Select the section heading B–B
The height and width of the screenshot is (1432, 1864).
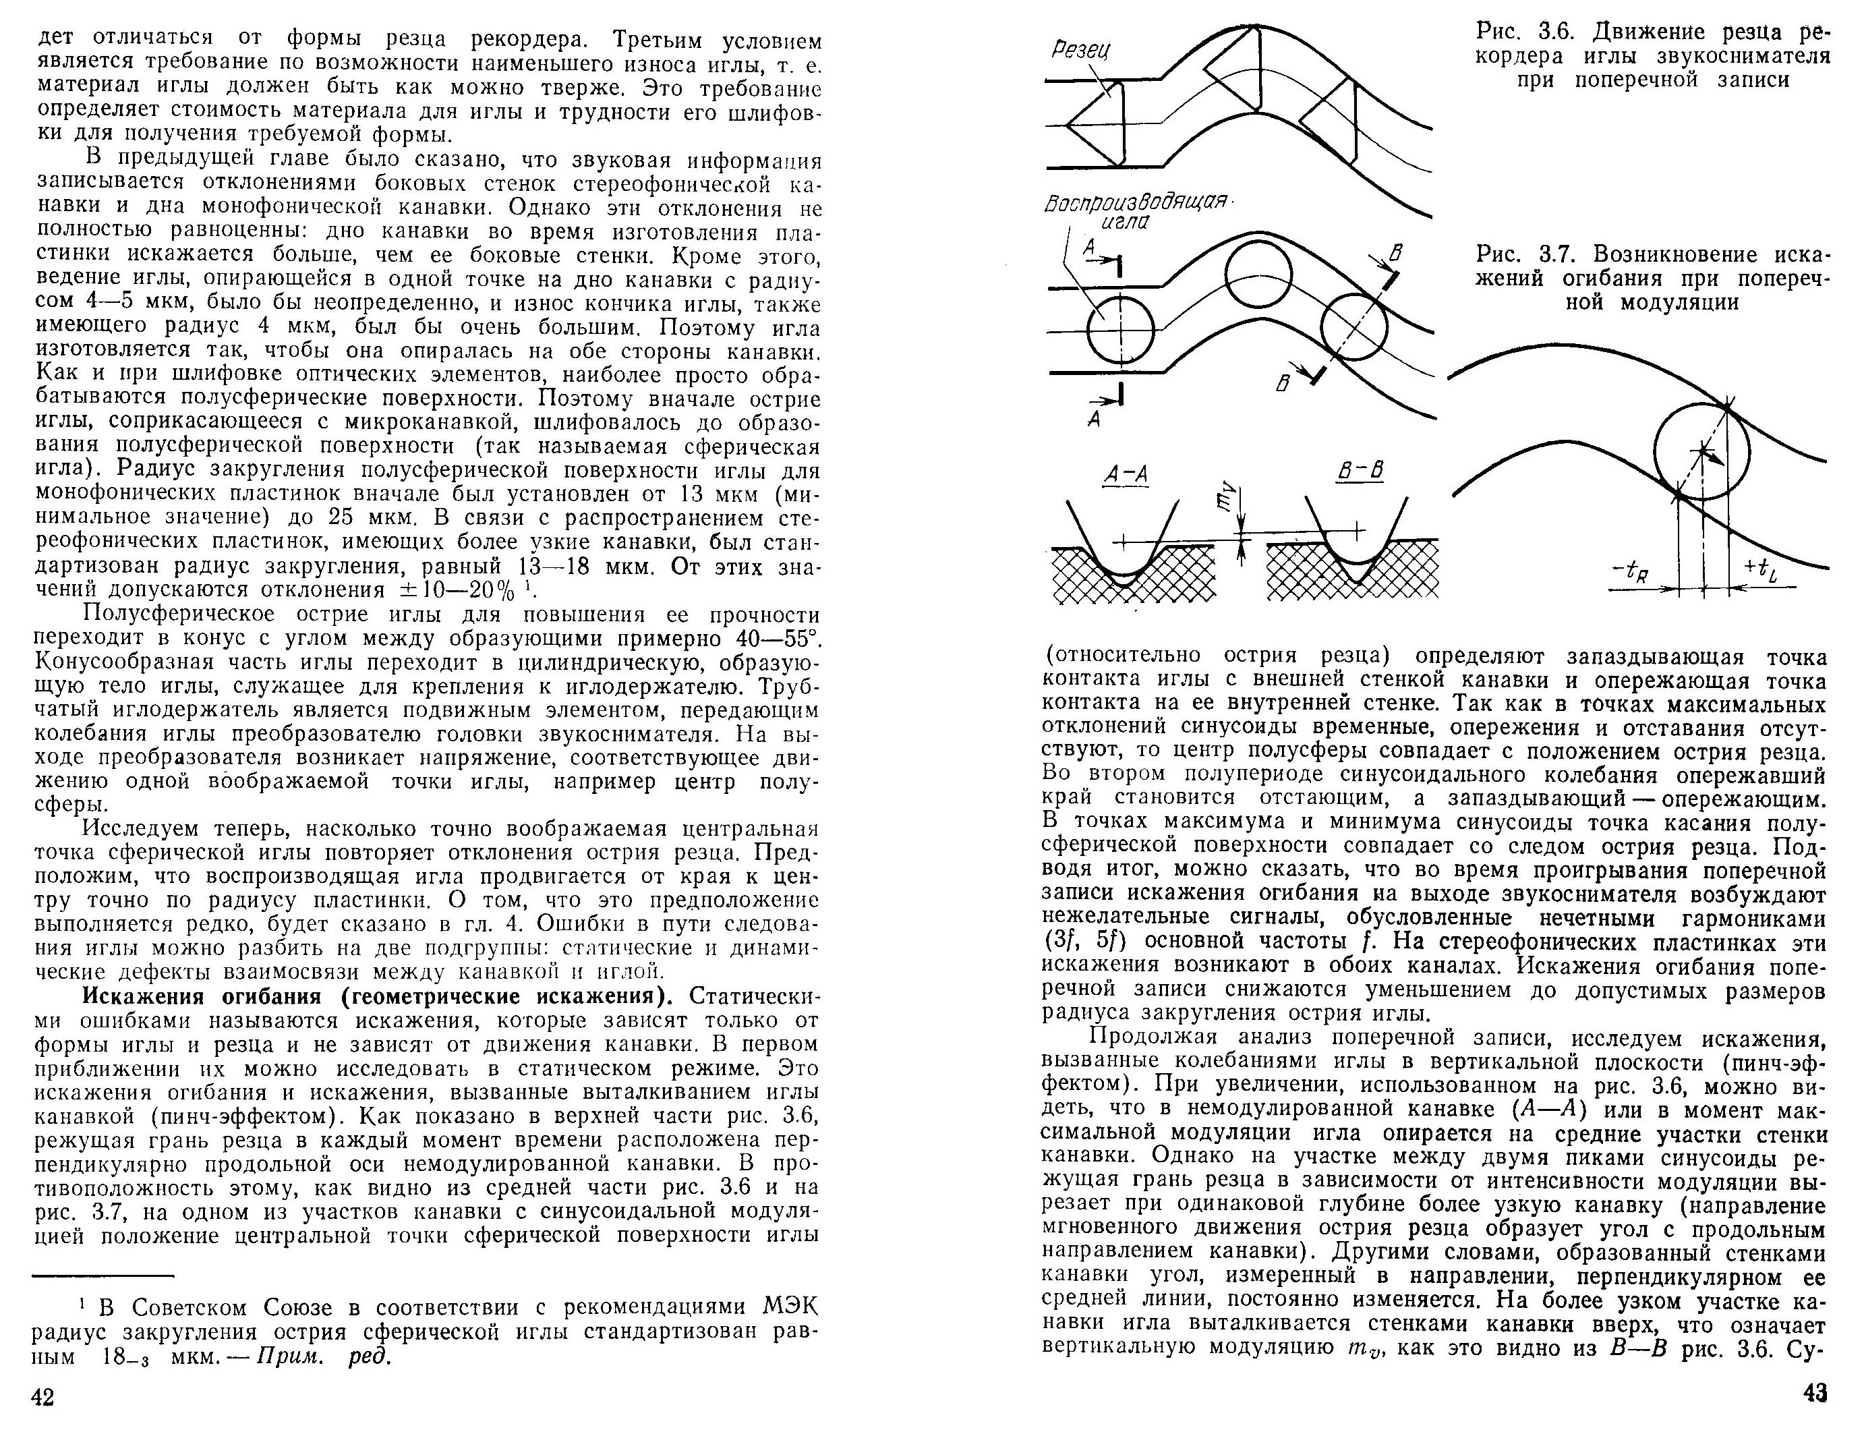1360,471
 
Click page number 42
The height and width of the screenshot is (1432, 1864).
42,1397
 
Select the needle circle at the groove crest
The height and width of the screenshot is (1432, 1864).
1259,275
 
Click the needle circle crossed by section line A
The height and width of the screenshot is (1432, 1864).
1119,331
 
